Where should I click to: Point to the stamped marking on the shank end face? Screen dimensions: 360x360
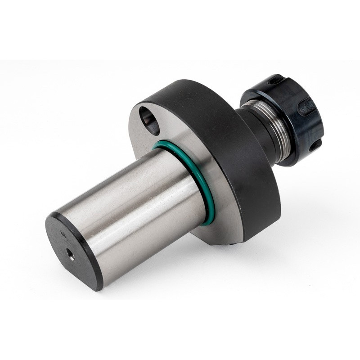coord(63,234)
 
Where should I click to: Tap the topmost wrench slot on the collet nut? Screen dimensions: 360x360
coord(275,81)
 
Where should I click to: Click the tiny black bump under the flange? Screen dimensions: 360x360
coord(231,243)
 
